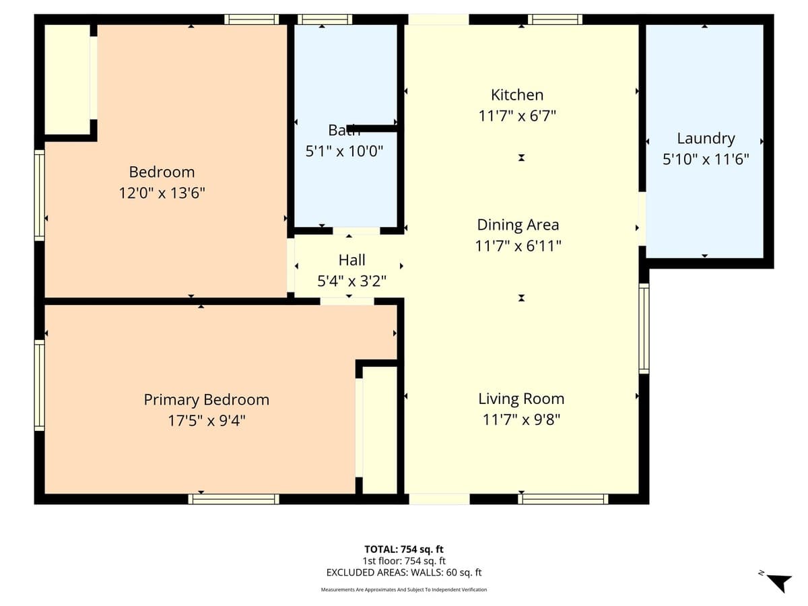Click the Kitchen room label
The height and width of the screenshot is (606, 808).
point(516,95)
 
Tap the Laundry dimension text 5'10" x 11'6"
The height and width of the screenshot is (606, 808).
point(705,160)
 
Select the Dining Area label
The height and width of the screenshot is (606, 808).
point(518,224)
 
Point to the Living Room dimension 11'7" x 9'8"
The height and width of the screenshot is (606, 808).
point(521,420)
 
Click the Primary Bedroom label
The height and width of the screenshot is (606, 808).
point(206,399)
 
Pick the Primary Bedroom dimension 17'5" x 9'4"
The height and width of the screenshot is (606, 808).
point(206,421)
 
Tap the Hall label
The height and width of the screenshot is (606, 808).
point(351,260)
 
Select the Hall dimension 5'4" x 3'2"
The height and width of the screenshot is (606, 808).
point(351,281)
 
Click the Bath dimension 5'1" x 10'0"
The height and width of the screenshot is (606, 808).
point(344,151)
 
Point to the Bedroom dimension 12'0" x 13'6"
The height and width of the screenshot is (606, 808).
point(162,193)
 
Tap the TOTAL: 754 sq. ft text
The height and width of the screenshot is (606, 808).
point(404,549)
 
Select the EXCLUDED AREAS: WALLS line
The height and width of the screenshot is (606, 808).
point(404,572)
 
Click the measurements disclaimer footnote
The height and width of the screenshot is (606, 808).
point(404,590)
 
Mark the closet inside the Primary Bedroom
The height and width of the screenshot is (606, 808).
point(379,430)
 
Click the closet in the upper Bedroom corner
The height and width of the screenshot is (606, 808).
point(67,79)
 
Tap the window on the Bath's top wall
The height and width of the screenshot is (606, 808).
point(325,19)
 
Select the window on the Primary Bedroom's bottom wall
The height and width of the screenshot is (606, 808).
point(234,499)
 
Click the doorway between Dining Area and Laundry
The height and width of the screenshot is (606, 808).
point(642,219)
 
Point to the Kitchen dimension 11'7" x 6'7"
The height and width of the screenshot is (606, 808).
point(516,116)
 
